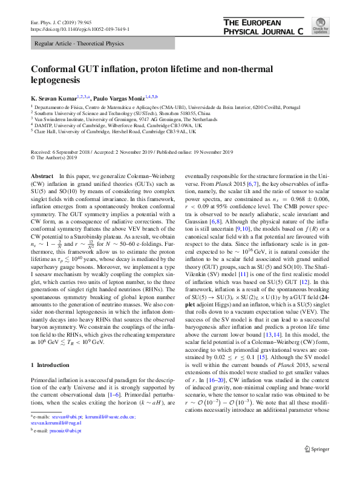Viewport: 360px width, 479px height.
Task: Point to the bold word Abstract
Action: (x=42, y=175)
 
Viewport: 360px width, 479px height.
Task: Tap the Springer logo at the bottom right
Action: (x=316, y=465)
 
